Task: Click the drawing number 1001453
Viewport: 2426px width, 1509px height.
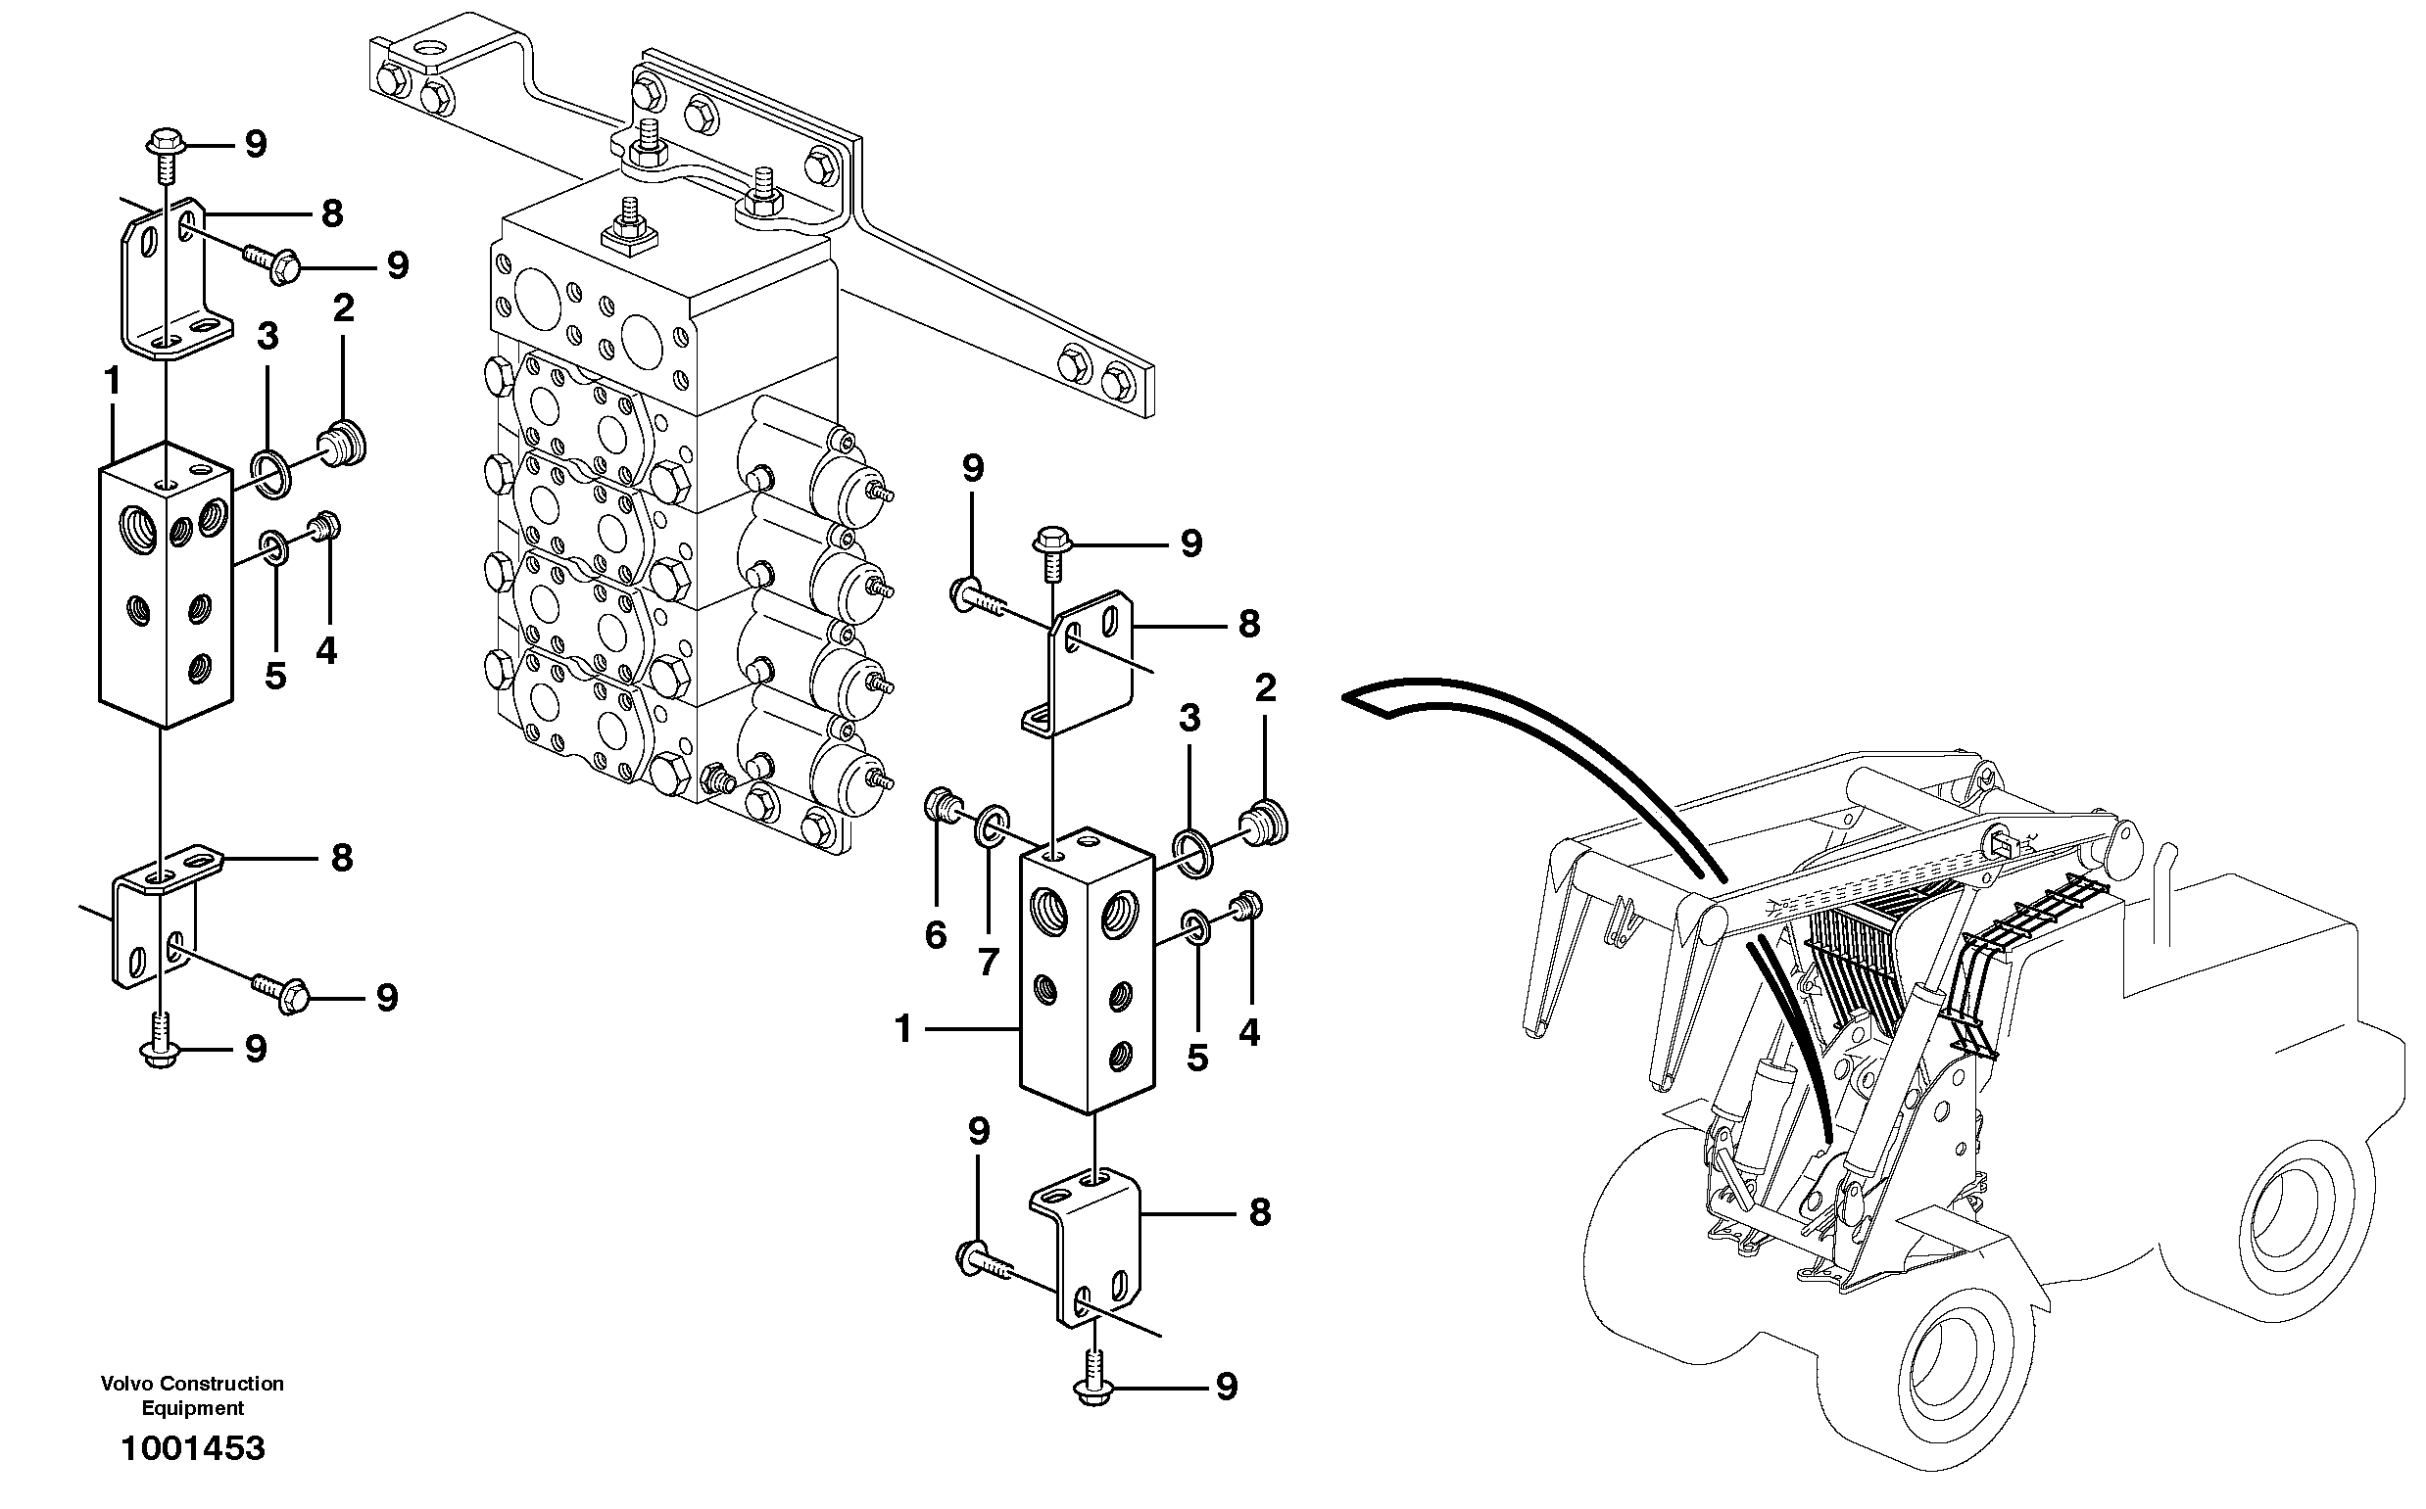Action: pos(193,1447)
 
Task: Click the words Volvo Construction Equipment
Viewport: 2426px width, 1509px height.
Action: pos(192,1395)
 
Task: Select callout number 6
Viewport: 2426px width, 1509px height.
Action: pos(935,935)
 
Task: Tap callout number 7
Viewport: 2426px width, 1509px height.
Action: pos(988,962)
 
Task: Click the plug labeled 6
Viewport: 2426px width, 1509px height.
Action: pos(942,804)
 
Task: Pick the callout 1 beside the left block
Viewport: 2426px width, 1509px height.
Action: pos(112,380)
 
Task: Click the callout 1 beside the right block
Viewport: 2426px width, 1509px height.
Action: pos(903,1029)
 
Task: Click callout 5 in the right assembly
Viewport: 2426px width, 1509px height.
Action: pos(1197,1057)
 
